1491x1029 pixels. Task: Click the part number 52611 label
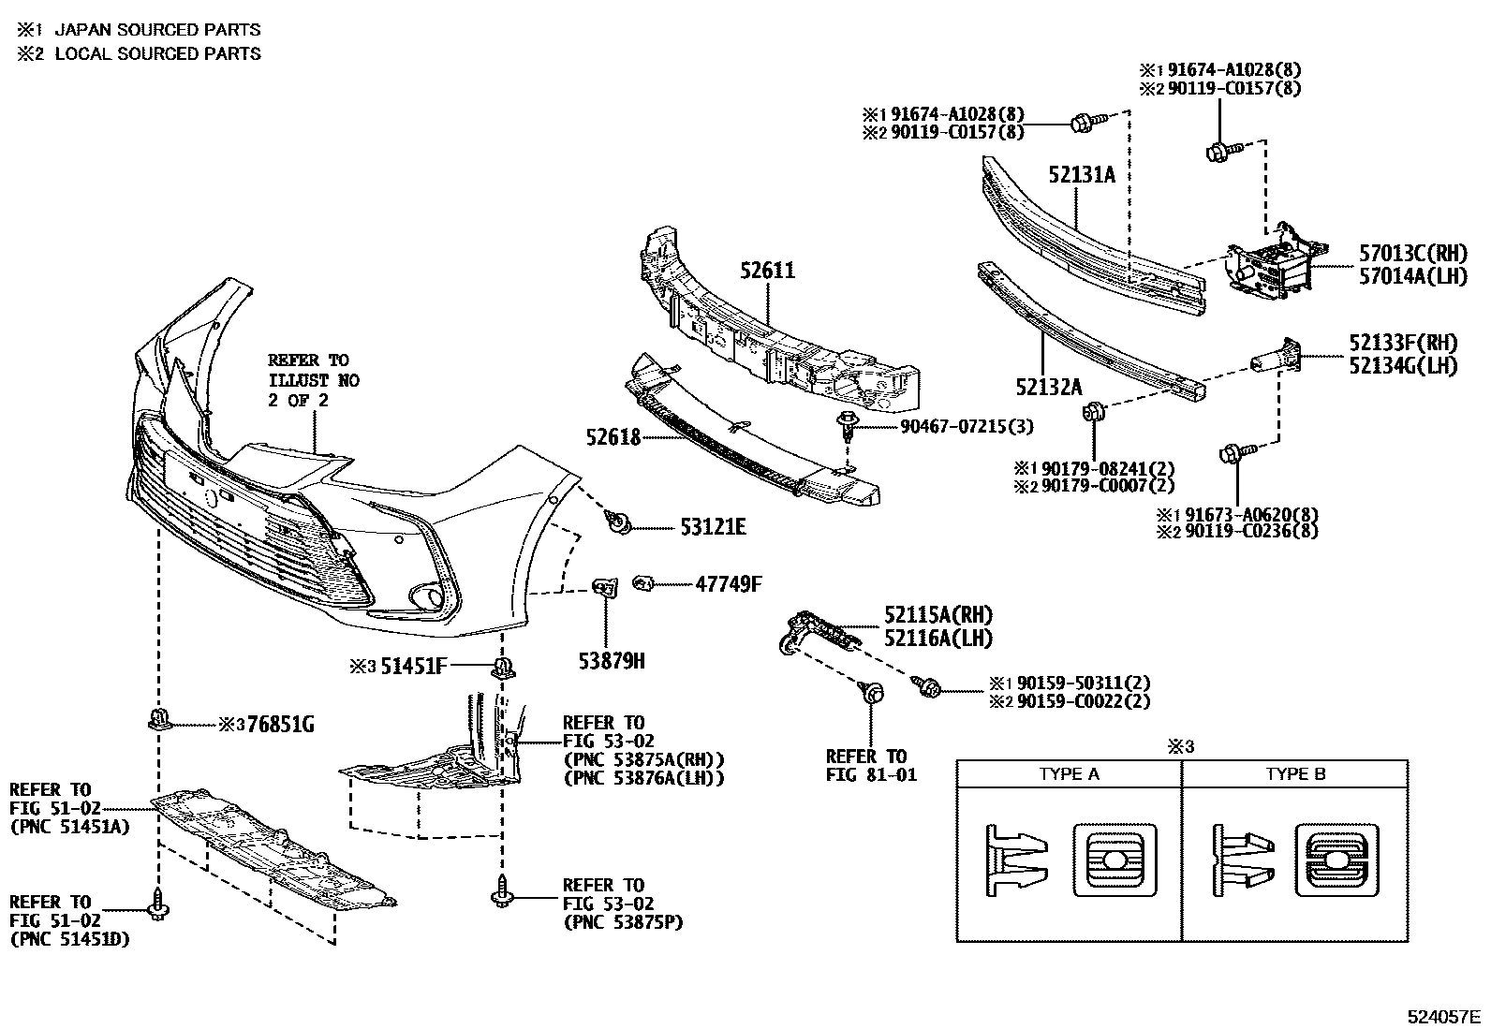pos(766,272)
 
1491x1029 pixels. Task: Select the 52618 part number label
pos(613,437)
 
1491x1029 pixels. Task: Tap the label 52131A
pos(1082,174)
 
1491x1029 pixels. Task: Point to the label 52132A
pos(1048,386)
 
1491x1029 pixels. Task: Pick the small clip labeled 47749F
pos(642,584)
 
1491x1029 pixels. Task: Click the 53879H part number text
pos(612,661)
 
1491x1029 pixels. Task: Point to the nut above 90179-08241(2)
pos(1092,412)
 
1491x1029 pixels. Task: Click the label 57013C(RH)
pos(1412,253)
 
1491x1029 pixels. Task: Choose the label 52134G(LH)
pos(1403,366)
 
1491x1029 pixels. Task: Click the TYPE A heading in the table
pos(1069,774)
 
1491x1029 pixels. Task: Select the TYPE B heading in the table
pos(1295,774)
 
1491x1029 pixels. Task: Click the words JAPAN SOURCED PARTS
pos(157,30)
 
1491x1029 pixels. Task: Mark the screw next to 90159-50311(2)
pos(930,688)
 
